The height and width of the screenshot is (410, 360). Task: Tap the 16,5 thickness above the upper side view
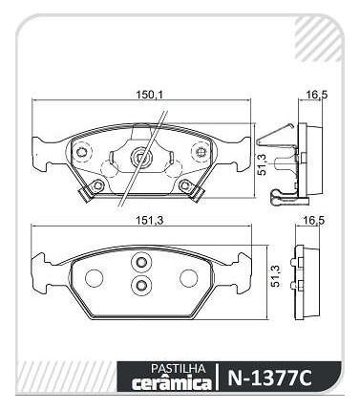(316, 95)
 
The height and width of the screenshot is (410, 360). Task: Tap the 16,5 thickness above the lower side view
(314, 220)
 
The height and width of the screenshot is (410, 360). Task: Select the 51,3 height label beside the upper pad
(262, 163)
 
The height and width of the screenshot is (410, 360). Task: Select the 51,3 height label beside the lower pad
(276, 275)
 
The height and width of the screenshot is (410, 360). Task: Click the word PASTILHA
(178, 369)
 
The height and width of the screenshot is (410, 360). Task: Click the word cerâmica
(172, 382)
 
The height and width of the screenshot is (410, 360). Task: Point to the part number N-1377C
(270, 378)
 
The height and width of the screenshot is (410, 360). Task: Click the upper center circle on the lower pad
(141, 262)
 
